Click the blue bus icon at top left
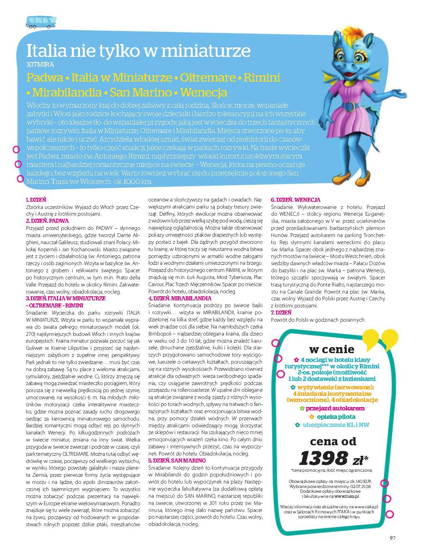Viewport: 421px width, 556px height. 35,22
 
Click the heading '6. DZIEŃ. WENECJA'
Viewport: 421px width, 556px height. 295,200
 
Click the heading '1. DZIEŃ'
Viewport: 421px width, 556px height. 36,200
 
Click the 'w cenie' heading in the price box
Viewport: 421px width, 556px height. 332,349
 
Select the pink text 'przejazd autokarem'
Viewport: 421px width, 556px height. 334,408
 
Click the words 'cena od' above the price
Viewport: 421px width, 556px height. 333,441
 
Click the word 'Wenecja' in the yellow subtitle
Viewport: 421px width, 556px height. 204,92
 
